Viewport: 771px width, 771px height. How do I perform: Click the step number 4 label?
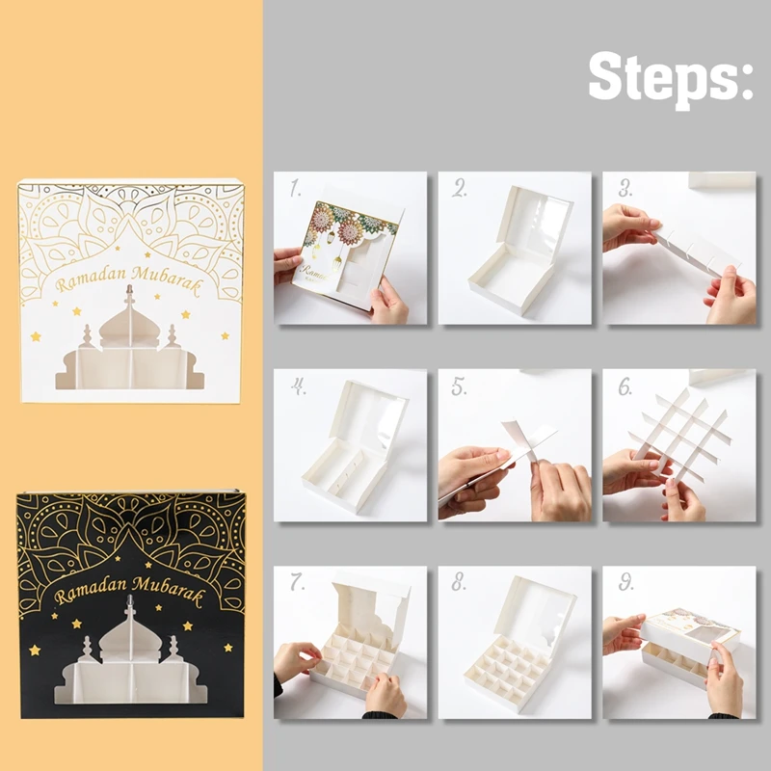pos(298,387)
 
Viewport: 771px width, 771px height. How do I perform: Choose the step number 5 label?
pos(461,387)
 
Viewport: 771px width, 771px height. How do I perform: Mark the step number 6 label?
pos(625,387)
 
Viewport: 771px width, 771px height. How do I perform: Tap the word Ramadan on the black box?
pos(91,591)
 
